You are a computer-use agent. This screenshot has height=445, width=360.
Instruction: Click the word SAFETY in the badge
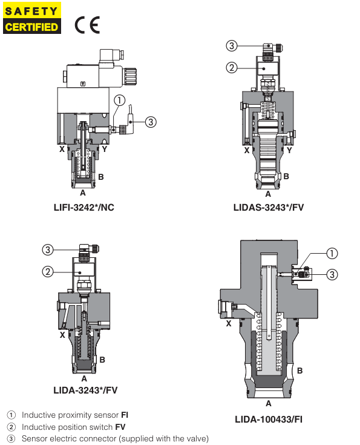point(32,11)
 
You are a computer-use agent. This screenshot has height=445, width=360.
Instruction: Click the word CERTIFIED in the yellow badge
point(32,27)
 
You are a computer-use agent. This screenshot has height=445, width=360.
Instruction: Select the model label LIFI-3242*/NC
point(84,208)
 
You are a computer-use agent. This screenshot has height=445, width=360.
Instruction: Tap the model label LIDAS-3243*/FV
point(268,208)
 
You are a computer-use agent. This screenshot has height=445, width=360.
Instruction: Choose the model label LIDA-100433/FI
point(268,418)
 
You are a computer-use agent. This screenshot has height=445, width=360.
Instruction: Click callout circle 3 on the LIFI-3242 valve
point(151,122)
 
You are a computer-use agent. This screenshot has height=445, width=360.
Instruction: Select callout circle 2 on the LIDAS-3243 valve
point(231,68)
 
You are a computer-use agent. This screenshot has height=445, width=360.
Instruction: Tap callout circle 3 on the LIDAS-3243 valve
point(231,45)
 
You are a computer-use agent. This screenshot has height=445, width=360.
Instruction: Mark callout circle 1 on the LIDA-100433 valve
point(332,253)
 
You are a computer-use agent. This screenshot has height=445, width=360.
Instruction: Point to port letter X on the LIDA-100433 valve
point(228,324)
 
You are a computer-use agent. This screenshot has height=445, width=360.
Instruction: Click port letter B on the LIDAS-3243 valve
point(286,176)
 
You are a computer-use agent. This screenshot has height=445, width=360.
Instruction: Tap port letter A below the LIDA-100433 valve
point(268,402)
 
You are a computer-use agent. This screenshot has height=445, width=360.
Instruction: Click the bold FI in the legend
point(125,415)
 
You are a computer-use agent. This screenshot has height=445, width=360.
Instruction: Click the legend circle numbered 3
point(11,438)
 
